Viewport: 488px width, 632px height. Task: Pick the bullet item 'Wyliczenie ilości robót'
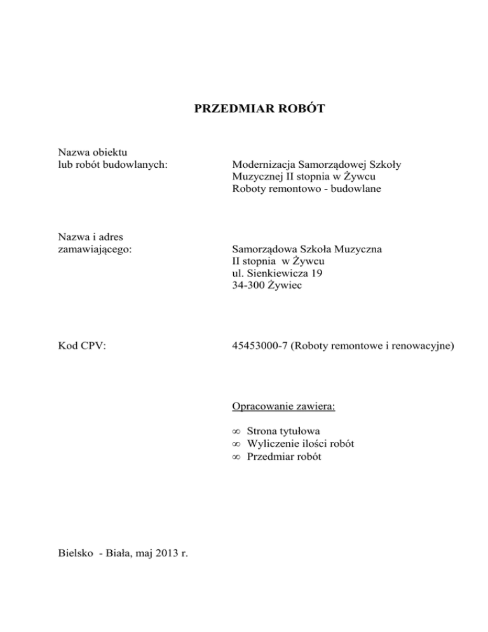tap(300, 444)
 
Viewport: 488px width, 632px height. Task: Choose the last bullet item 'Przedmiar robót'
tap(286, 456)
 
